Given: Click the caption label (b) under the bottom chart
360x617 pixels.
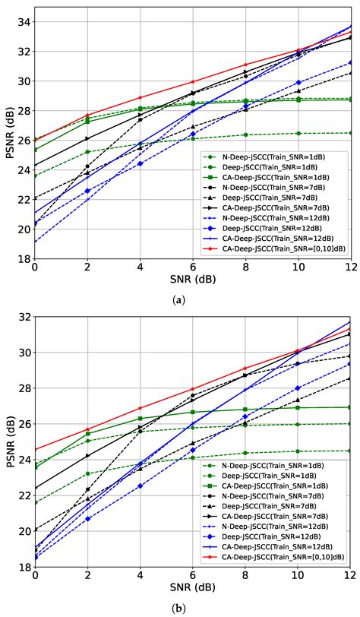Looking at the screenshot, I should pos(179,608).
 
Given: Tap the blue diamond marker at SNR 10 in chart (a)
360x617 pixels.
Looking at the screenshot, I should pos(298,82).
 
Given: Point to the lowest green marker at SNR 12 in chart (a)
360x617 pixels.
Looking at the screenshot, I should pos(350,133).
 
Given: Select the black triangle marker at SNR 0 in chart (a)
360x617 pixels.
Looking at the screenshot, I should pos(35,198).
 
